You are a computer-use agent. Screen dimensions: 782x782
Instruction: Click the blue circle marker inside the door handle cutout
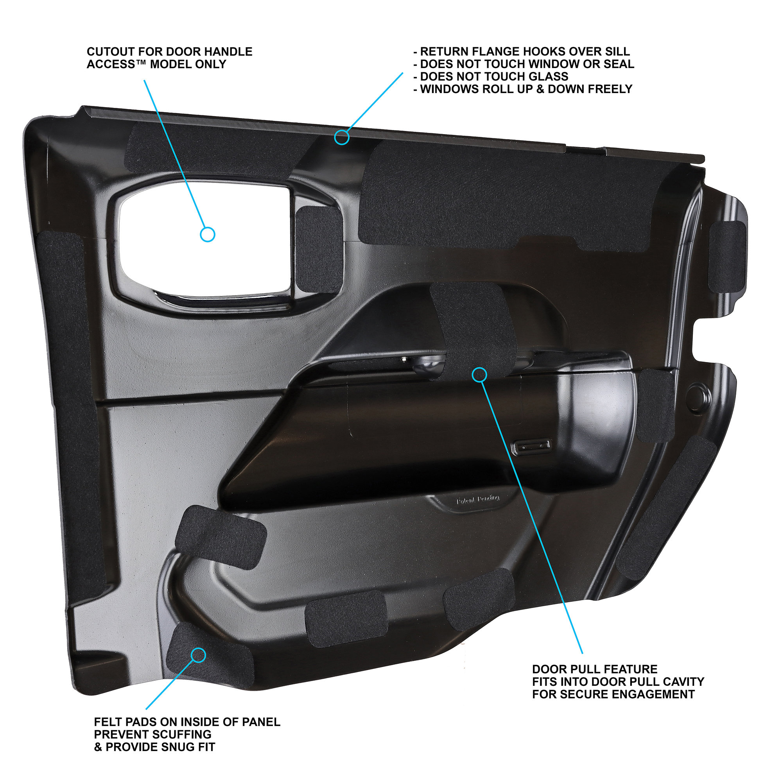tap(208, 234)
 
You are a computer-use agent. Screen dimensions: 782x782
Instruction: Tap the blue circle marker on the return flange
tap(342, 137)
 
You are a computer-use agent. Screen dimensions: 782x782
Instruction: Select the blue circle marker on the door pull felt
tap(480, 375)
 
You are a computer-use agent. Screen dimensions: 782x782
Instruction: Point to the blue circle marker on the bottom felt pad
tap(198, 655)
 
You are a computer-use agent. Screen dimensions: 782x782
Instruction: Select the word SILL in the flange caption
tap(618, 52)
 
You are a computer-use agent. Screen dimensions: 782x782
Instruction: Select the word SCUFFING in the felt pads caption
tap(181, 734)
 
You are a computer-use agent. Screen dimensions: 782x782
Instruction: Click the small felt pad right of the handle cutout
tap(319, 249)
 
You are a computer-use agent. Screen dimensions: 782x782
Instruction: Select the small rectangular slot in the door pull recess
tap(532, 447)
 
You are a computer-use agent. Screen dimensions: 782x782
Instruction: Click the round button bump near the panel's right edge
tap(699, 395)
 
